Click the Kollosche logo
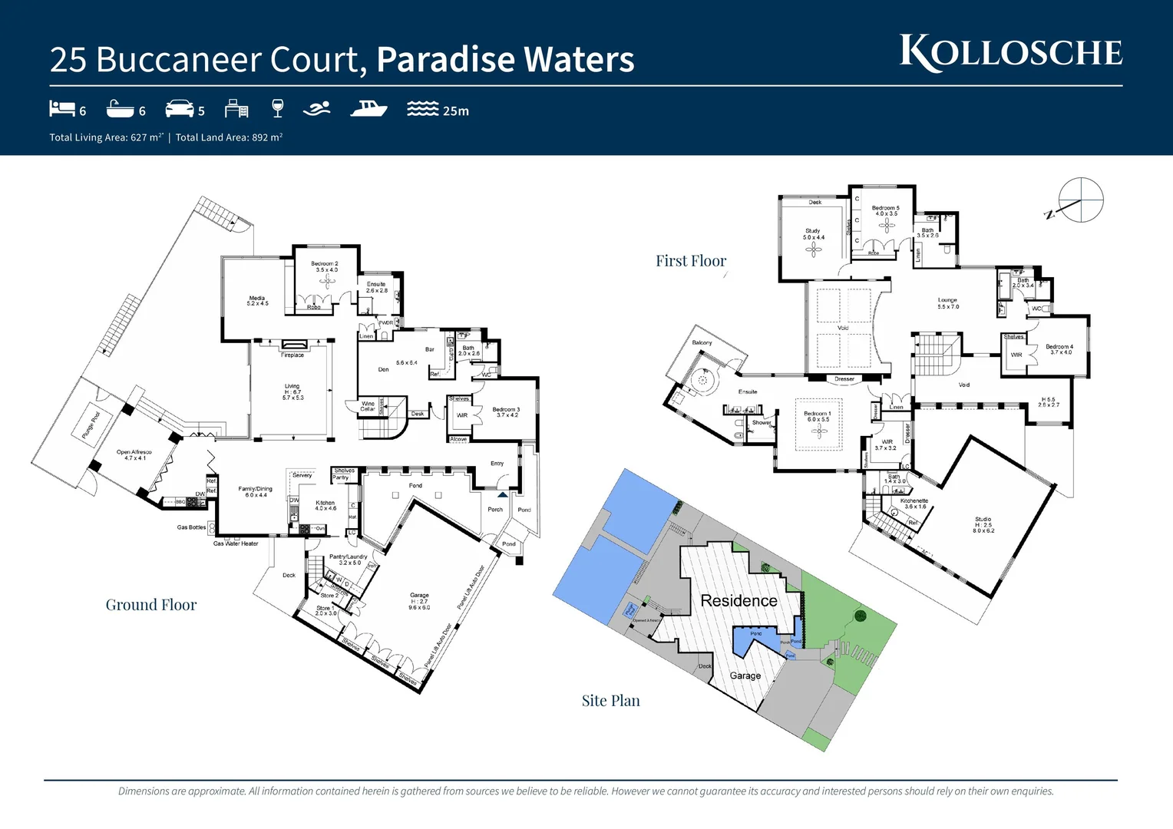(1010, 53)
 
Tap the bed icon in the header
(61, 109)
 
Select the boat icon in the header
(368, 109)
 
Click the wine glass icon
(278, 109)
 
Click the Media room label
(257, 300)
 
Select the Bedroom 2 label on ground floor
(324, 266)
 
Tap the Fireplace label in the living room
(292, 355)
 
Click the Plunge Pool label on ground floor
(91, 425)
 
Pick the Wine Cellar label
(368, 406)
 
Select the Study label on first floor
(813, 233)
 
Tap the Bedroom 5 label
(885, 210)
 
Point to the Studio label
(983, 523)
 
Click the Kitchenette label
(914, 503)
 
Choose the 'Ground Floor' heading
(151, 605)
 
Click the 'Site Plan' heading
(610, 700)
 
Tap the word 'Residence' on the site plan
(738, 600)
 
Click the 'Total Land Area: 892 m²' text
(229, 137)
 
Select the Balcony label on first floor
(702, 342)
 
